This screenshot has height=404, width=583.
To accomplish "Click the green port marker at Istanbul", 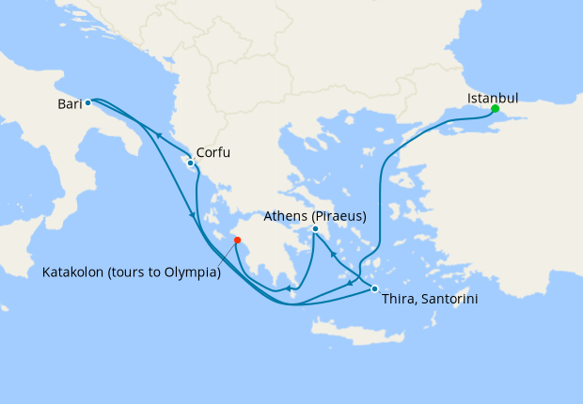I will [495, 109].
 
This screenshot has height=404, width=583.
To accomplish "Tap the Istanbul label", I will [493, 97].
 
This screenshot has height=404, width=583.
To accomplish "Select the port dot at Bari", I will [87, 103].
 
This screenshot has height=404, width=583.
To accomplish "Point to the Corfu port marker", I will [191, 163].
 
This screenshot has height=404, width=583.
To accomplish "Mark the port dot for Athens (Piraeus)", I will [315, 229].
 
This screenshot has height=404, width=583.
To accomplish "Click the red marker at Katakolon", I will [237, 241].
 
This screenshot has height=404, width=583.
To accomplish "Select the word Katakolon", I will [74, 272].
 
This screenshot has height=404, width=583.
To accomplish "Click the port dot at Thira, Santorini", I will [374, 288].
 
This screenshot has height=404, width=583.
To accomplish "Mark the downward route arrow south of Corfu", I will [194, 215].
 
